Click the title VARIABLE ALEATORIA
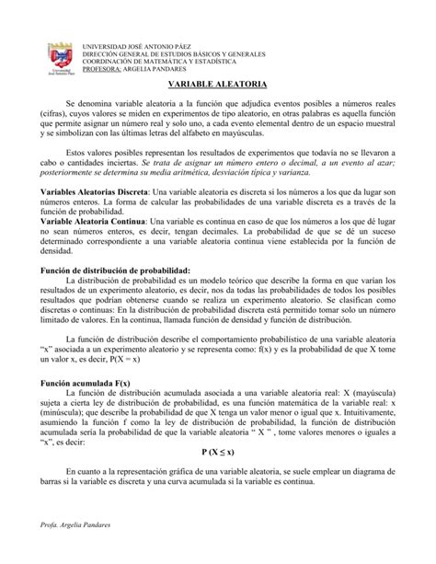[x=218, y=84]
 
